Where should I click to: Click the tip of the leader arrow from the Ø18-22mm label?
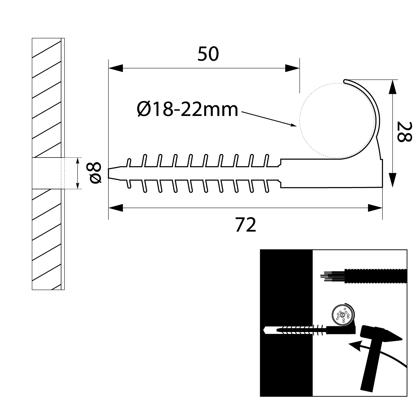(297, 126)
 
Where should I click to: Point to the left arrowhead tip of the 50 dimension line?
(109, 68)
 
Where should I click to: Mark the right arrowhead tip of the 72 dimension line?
(382, 208)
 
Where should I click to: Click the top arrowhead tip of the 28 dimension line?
(392, 80)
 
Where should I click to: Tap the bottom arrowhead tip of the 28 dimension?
(392, 187)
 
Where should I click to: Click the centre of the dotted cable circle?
(337, 121)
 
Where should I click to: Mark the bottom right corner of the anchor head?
(383, 188)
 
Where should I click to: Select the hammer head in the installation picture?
(381, 335)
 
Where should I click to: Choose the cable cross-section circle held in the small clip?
(342, 315)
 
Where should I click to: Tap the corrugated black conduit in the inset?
(375, 276)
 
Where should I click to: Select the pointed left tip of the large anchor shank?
(108, 173)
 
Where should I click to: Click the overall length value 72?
(246, 225)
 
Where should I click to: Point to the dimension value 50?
(208, 54)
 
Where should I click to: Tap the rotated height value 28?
(404, 131)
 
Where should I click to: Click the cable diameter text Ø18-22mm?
(187, 110)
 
